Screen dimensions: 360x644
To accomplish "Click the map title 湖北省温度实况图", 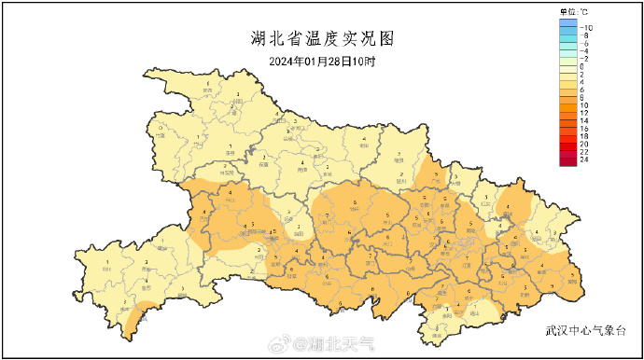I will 323,39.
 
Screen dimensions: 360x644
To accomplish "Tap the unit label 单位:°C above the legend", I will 573,11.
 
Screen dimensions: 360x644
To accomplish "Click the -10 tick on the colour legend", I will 589,28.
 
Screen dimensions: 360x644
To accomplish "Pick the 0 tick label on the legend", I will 582,66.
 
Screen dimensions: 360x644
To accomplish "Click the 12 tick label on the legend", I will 585,113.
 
